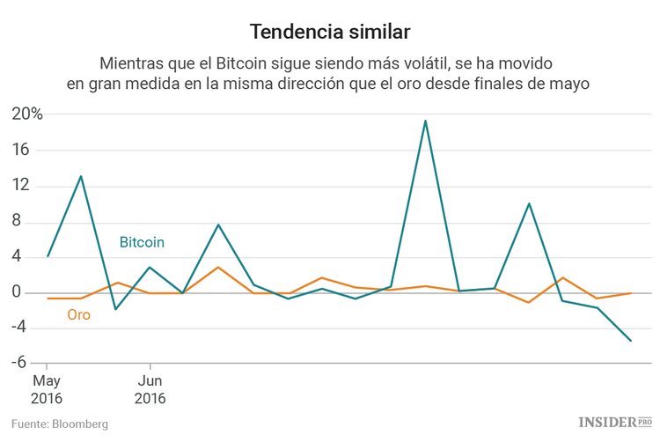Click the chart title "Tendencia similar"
pyautogui.click(x=329, y=33)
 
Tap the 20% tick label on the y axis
pyautogui.click(x=26, y=114)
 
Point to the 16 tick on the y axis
pyautogui.click(x=20, y=151)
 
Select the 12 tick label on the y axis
pyautogui.click(x=20, y=186)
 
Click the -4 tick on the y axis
pyautogui.click(x=21, y=328)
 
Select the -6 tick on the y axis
pyautogui.click(x=21, y=363)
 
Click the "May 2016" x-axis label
pyautogui.click(x=48, y=389)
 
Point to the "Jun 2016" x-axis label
pyautogui.click(x=150, y=389)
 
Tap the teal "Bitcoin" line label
pyautogui.click(x=142, y=241)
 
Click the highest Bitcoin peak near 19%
pyautogui.click(x=425, y=121)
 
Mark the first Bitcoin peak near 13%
pyautogui.click(x=81, y=176)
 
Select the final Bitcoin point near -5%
pyautogui.click(x=631, y=341)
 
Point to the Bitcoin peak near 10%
pyautogui.click(x=529, y=203)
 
